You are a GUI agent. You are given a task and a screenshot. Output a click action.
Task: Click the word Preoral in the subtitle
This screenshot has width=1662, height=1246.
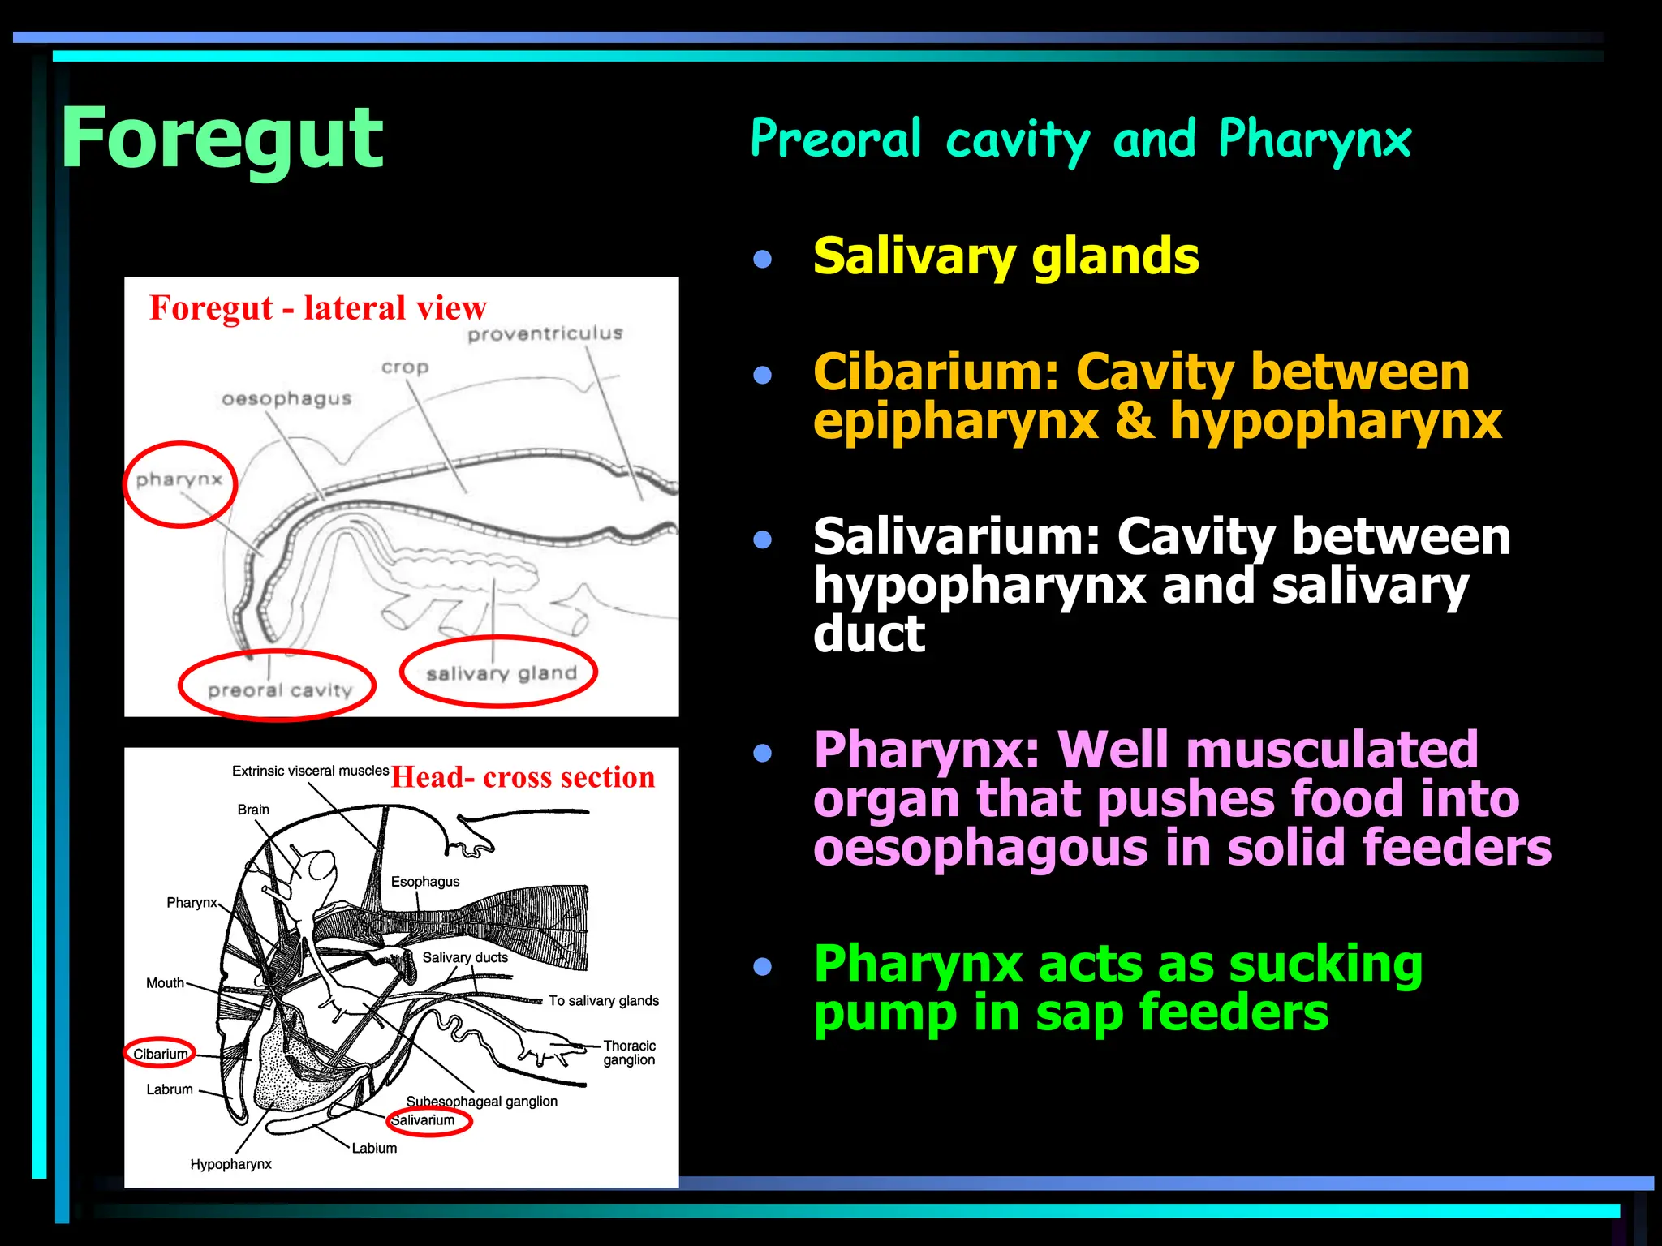pos(836,139)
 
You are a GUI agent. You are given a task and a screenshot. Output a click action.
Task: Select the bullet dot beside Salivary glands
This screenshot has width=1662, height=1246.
pos(762,259)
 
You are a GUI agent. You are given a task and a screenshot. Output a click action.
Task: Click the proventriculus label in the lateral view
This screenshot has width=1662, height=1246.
pos(545,333)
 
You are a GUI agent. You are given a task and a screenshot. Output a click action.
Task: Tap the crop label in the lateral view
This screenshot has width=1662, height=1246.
pos(405,367)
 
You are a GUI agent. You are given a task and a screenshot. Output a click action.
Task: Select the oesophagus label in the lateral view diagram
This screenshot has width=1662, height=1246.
pos(286,398)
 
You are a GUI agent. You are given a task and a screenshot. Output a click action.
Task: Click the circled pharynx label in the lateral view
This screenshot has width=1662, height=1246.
pos(179,480)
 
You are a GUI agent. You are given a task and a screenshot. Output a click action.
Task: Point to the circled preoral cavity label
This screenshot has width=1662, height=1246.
pos(279,690)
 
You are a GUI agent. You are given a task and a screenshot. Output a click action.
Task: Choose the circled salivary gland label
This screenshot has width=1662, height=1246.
pos(501,673)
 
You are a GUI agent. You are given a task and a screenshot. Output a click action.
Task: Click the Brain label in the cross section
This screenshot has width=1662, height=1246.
pos(253,810)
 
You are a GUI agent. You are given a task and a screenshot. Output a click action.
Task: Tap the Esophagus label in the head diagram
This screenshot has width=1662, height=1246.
pos(424,882)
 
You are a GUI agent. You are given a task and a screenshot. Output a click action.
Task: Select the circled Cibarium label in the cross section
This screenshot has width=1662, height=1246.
pos(160,1054)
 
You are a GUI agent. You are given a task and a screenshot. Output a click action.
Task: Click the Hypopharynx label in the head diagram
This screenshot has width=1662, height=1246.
pos(230,1164)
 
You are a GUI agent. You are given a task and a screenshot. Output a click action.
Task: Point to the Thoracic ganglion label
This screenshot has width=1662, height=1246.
pos(629,1052)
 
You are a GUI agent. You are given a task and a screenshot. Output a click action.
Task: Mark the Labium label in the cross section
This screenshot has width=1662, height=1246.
pos(374,1148)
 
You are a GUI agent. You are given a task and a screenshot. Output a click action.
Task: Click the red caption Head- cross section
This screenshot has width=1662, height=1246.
pos(523,777)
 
